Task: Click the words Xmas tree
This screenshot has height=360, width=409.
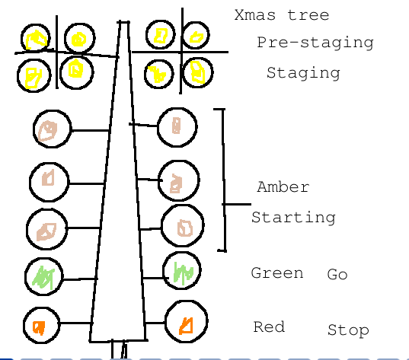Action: click(x=282, y=15)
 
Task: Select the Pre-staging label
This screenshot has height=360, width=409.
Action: click(x=315, y=43)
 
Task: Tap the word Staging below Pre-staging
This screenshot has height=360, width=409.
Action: click(x=302, y=73)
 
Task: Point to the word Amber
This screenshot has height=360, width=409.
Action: click(x=283, y=186)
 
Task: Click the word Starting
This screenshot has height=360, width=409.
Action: click(x=293, y=218)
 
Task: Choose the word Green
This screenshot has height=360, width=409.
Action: click(x=277, y=273)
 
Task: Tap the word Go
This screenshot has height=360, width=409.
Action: click(x=337, y=275)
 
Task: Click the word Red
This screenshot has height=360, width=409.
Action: click(x=269, y=327)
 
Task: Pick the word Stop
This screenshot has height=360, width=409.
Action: click(x=348, y=330)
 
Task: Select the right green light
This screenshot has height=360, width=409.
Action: click(x=183, y=272)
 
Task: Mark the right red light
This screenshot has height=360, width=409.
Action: click(x=185, y=323)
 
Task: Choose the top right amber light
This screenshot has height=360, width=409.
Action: click(x=177, y=126)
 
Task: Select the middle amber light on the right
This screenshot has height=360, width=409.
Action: click(x=178, y=180)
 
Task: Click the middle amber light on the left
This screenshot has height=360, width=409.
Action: click(x=49, y=180)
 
